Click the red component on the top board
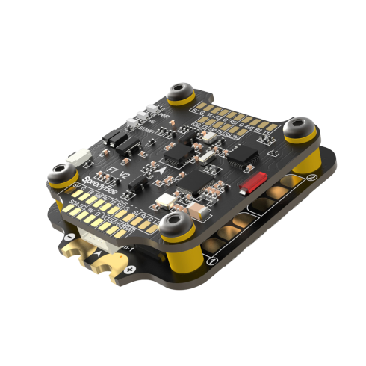click(255, 182)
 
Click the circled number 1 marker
click(213, 261)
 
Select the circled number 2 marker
click(312, 178)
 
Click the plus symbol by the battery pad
click(131, 268)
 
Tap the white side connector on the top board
click(78, 159)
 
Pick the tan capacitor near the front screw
click(161, 202)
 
